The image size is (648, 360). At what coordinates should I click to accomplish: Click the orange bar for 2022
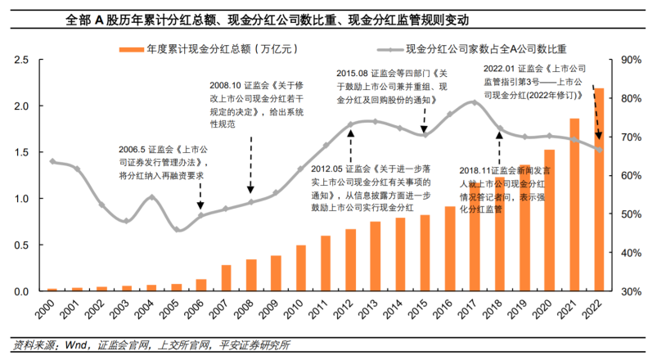point(599,189)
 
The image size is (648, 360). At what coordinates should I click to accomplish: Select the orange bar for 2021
point(574,205)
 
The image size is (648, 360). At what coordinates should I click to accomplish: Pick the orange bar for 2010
point(301,268)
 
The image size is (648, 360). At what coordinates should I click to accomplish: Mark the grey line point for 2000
point(52,161)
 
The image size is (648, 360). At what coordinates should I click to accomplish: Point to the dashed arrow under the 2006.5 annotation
point(201,196)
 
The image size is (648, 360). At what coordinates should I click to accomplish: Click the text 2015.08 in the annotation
point(353,73)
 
